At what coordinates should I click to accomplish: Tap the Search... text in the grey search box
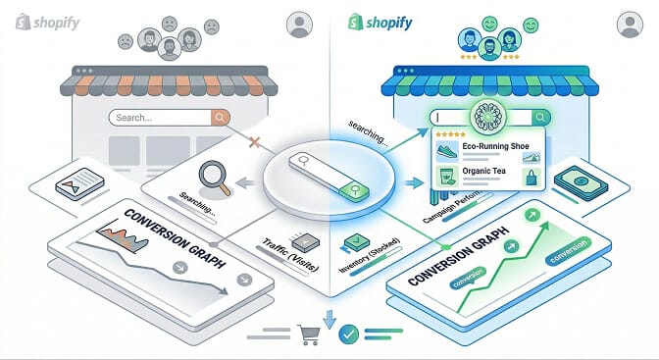tap(134, 118)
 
